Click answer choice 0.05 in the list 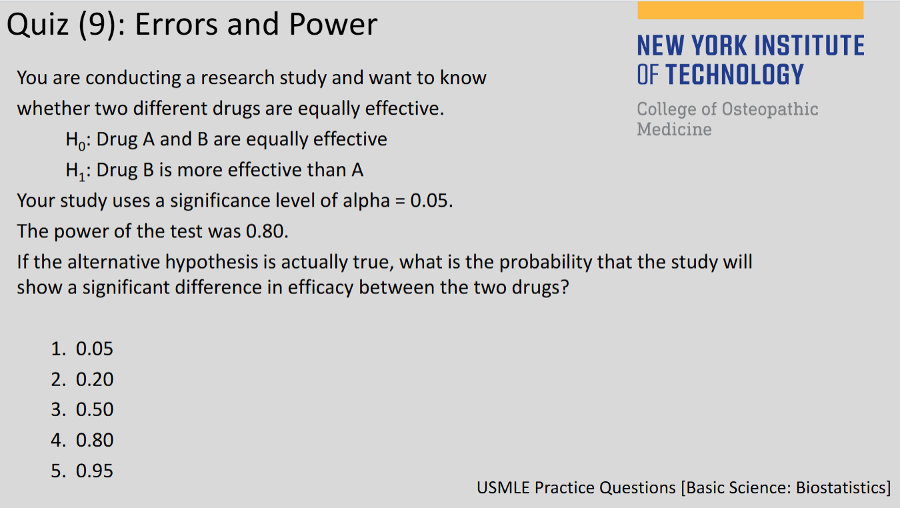click(95, 349)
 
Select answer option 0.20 click(95, 379)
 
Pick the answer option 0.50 click(95, 409)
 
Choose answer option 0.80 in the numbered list click(95, 440)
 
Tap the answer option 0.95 click(95, 471)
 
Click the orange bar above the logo click(750, 11)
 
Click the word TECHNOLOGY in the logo click(735, 75)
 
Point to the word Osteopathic click(770, 109)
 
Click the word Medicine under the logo click(674, 129)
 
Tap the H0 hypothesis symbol click(75, 140)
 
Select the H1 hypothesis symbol click(75, 171)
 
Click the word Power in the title click(333, 24)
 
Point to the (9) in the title click(97, 25)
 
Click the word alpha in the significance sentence click(366, 201)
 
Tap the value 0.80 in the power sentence click(267, 231)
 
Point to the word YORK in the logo click(719, 45)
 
